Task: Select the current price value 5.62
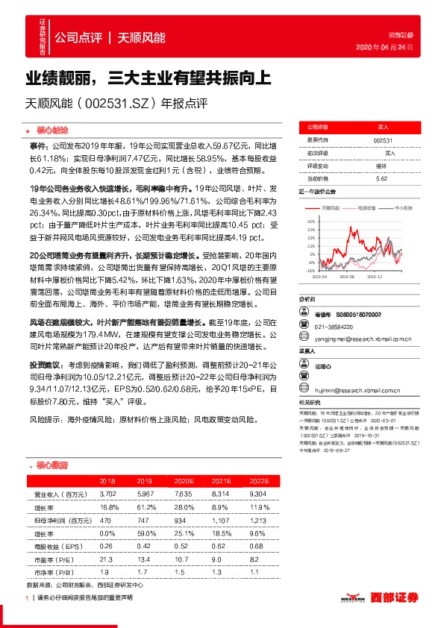[x=382, y=179]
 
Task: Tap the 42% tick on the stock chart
[x=310, y=222]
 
